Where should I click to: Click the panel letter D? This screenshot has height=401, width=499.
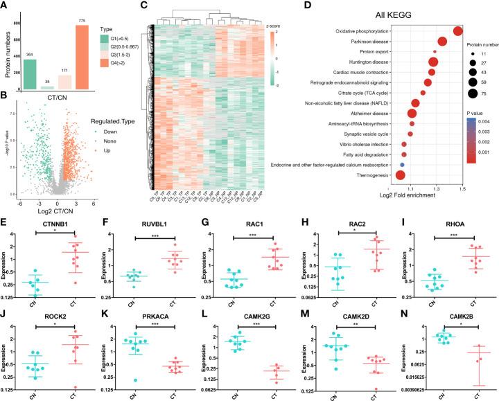coord(281,7)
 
